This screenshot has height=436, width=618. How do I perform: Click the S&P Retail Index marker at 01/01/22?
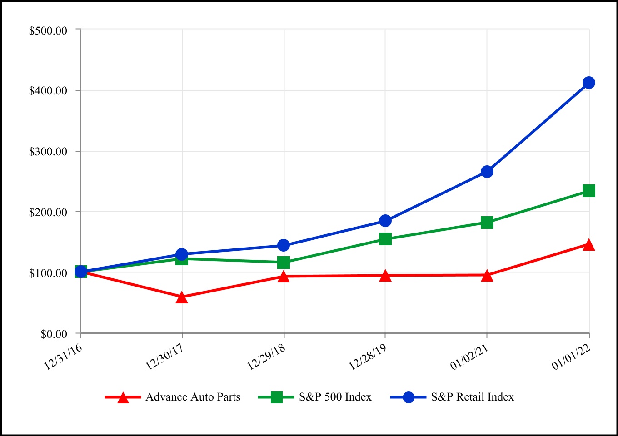click(589, 83)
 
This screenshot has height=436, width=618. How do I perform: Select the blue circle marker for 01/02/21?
click(487, 172)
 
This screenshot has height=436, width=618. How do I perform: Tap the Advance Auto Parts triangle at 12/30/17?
click(182, 298)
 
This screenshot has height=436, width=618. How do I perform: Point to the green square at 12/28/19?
click(385, 239)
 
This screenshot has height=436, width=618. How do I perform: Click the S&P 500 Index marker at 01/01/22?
click(589, 191)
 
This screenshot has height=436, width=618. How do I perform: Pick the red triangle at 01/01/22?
click(589, 245)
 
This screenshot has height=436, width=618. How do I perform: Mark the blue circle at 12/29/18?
click(284, 246)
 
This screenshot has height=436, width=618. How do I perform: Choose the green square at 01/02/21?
click(487, 223)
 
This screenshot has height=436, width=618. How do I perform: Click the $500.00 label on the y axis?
click(48, 30)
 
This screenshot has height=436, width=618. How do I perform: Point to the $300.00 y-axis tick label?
click(48, 152)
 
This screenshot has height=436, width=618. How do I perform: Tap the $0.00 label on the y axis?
click(54, 334)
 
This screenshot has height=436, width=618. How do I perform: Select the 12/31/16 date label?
click(63, 357)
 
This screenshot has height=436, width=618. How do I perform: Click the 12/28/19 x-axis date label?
click(368, 357)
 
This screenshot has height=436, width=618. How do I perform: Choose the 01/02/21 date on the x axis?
click(469, 357)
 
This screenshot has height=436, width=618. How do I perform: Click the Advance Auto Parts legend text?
click(193, 397)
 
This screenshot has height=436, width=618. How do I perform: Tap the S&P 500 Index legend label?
click(335, 397)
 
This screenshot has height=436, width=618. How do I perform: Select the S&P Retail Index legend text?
click(473, 397)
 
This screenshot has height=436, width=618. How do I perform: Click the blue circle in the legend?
click(409, 397)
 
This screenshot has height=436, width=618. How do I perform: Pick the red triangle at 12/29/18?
click(284, 277)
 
